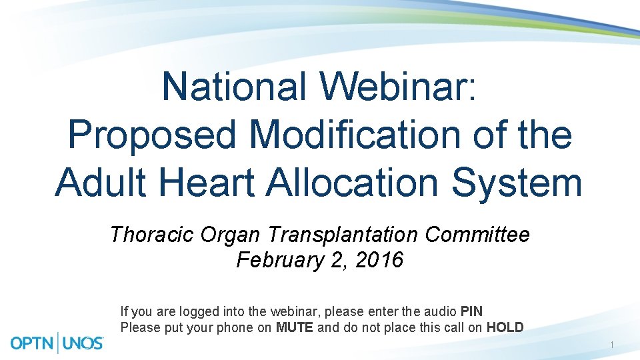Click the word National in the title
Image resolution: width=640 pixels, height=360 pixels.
tap(234, 87)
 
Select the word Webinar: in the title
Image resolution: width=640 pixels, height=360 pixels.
tap(398, 87)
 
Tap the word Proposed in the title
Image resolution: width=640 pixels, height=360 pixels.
tap(152, 135)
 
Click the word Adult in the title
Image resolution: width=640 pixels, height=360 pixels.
tap(101, 182)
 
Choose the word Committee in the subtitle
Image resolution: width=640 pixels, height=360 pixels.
tap(477, 235)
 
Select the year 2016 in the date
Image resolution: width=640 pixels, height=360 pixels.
tap(379, 259)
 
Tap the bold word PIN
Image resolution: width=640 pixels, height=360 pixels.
tap(471, 311)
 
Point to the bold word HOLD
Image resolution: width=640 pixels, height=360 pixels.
tap(505, 327)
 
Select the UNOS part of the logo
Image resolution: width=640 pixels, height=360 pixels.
tap(83, 343)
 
